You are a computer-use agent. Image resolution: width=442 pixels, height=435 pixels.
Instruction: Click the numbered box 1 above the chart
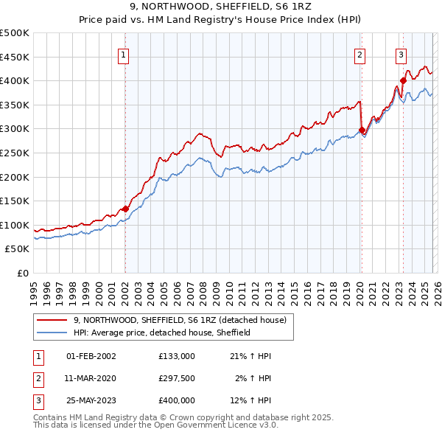[124, 54]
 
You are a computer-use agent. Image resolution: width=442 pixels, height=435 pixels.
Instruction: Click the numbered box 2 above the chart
[359, 54]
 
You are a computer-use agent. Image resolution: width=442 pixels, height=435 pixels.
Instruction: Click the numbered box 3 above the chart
[401, 54]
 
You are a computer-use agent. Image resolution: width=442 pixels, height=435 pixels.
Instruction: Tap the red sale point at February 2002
[125, 209]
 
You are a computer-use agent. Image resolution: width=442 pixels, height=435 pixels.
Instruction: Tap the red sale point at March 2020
[362, 130]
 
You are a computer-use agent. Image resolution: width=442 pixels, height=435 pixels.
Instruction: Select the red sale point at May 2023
[403, 80]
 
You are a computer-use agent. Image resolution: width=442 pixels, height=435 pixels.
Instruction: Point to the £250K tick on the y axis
[15, 153]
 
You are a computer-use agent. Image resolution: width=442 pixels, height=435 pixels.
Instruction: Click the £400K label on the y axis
[15, 80]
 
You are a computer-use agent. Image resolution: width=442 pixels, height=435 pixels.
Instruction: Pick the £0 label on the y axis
[22, 273]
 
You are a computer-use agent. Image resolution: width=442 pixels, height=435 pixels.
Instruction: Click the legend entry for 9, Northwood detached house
[184, 319]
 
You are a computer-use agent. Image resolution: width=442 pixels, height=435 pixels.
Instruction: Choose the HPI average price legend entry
[162, 333]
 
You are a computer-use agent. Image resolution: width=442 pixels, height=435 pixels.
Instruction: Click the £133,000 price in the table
[177, 356]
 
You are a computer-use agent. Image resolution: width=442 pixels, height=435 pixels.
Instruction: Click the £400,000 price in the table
[177, 400]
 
